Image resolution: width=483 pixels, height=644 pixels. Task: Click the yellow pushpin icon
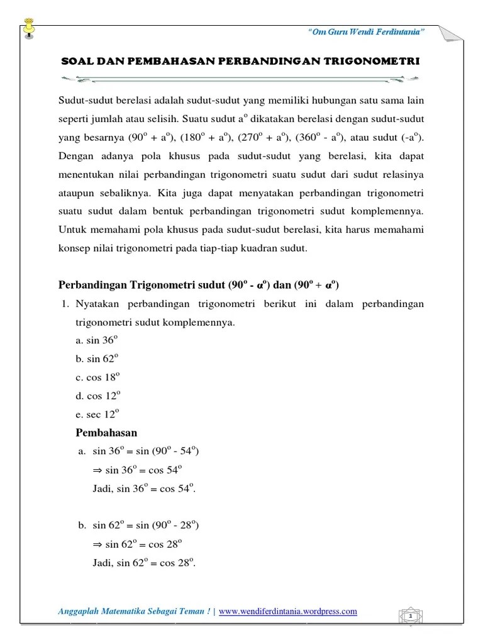pos(28,28)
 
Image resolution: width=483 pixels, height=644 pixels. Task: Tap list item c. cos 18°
pos(97,377)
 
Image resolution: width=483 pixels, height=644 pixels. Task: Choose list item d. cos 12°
pos(97,396)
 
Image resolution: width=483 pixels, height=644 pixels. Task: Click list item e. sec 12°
pos(97,414)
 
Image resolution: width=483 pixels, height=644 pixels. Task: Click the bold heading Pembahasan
pos(106,433)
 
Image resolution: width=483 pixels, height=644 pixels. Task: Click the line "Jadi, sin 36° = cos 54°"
pos(144,489)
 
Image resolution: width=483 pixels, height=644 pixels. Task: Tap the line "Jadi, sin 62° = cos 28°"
pos(144,562)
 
